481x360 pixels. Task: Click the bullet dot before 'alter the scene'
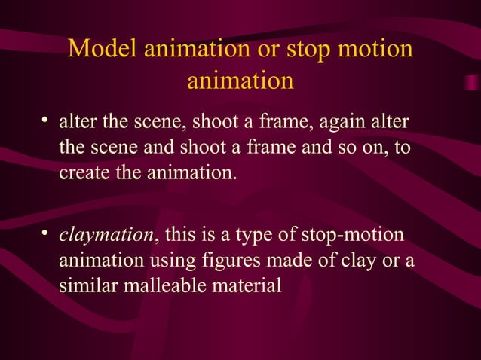pos(46,121)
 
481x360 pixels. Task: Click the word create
pos(81,172)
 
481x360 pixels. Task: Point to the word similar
pos(84,285)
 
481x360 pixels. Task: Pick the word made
pos(290,261)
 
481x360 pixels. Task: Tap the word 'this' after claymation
pos(176,236)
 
